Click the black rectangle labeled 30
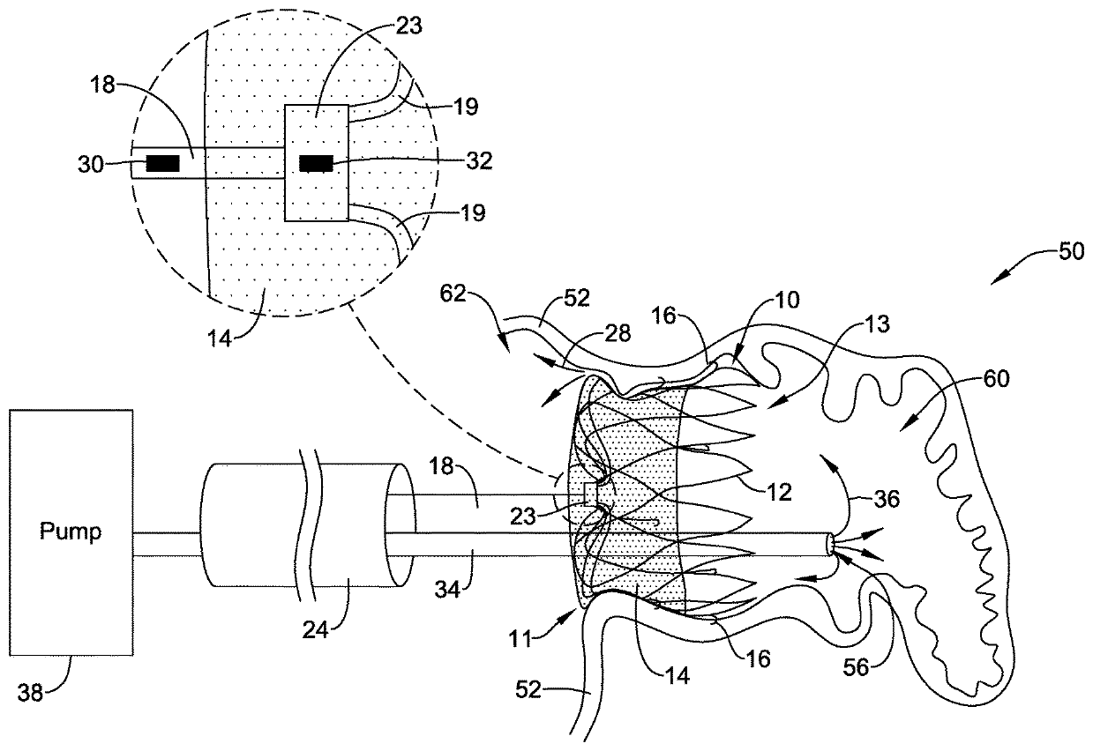[162, 163]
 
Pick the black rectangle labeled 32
[316, 163]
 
